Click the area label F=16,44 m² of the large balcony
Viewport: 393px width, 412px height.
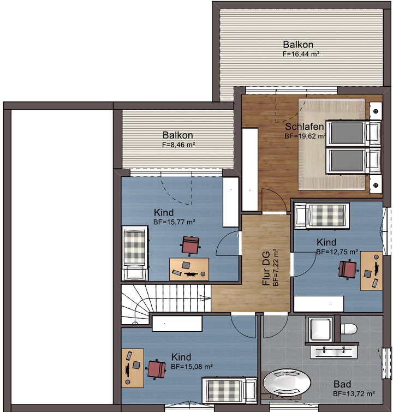point(301,54)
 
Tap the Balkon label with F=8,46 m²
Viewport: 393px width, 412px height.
point(178,135)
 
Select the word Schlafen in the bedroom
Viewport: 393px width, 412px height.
point(305,127)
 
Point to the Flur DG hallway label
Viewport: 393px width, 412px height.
point(266,268)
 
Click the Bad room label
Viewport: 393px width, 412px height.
point(342,384)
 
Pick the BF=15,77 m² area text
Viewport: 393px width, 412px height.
point(174,222)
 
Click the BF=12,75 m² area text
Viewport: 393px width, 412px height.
point(337,252)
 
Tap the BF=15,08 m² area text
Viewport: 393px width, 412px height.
point(192,367)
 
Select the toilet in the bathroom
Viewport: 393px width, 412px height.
point(349,329)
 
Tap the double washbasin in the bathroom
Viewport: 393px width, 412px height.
point(334,352)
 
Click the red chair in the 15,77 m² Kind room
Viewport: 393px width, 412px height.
point(190,245)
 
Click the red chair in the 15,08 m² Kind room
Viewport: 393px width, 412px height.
point(156,369)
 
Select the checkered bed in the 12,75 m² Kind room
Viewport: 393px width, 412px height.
point(321,216)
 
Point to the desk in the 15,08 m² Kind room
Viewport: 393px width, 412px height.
point(133,368)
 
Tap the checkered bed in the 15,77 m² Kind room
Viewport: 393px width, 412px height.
point(135,253)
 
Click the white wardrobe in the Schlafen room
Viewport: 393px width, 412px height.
point(250,169)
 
